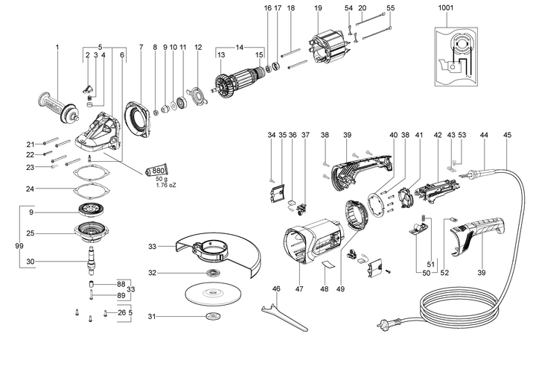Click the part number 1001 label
click(x=446, y=7)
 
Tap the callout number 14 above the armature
click(x=237, y=47)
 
